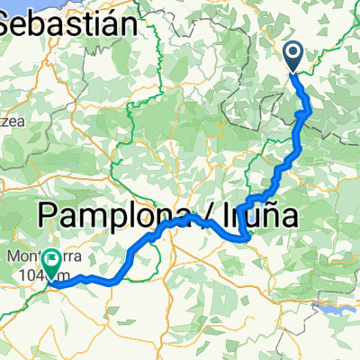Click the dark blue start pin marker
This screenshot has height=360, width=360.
click(x=294, y=56)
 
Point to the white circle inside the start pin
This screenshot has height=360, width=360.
click(x=294, y=53)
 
